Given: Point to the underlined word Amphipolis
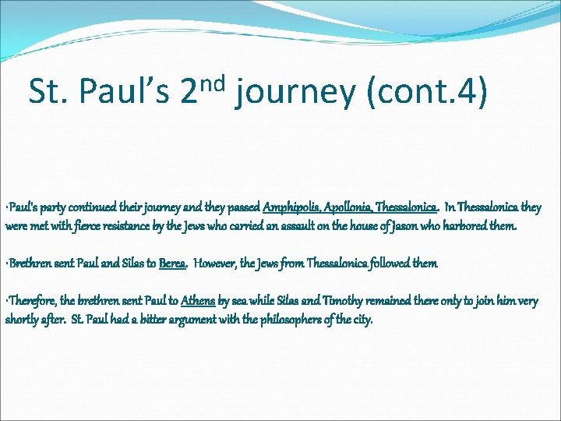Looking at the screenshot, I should click(x=292, y=207).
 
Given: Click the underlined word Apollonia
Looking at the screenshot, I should click(x=347, y=207).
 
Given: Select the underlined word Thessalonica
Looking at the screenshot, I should click(x=406, y=207).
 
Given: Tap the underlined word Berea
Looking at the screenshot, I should click(x=172, y=264).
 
